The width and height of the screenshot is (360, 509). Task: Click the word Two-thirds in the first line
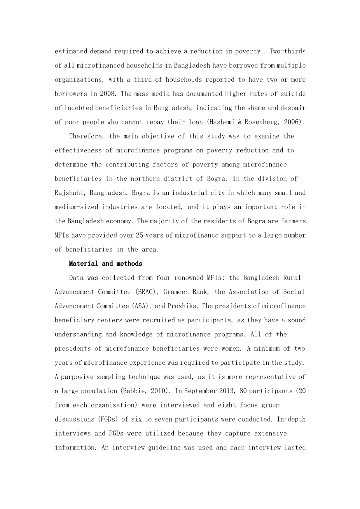(288, 51)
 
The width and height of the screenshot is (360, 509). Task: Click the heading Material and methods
(105, 264)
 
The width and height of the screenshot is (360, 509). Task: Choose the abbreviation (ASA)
(142, 306)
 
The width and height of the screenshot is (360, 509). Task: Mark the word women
(232, 348)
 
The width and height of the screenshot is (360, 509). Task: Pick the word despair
(293, 108)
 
